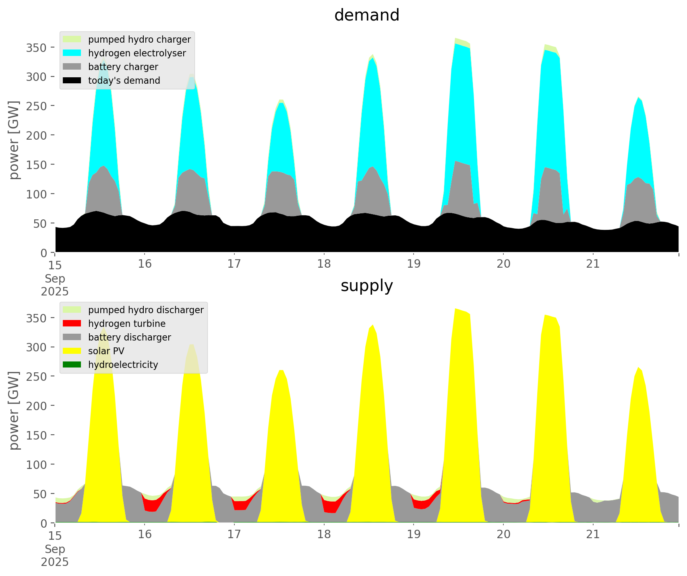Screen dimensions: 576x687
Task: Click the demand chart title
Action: tap(366, 15)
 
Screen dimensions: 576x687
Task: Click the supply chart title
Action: tap(366, 286)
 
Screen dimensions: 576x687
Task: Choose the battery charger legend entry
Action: tap(123, 67)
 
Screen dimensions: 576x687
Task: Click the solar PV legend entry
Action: tap(106, 351)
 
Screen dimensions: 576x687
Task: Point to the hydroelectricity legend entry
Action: tap(123, 365)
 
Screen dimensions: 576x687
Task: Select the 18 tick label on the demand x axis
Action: tap(324, 264)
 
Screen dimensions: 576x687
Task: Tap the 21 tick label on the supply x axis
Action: tap(593, 535)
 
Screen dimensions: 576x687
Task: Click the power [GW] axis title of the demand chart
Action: tap(14, 140)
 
